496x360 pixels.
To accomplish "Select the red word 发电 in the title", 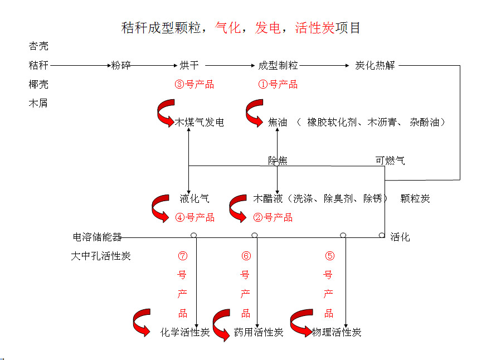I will pyautogui.click(x=268, y=28).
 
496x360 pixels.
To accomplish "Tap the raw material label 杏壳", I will pyautogui.click(x=38, y=46).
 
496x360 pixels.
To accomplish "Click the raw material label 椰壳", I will pyautogui.click(x=38, y=85).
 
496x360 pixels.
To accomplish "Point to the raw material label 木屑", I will pyautogui.click(x=38, y=103).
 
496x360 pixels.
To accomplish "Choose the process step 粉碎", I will pyautogui.click(x=121, y=66).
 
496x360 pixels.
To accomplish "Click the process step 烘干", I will pyautogui.click(x=189, y=66).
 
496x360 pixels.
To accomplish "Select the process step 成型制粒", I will pyautogui.click(x=278, y=66).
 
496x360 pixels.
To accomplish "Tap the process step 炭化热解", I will pyautogui.click(x=375, y=66).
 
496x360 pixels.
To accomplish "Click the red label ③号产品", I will pyautogui.click(x=194, y=85).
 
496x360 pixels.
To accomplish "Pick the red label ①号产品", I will pyautogui.click(x=278, y=85).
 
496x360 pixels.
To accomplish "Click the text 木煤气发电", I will pyautogui.click(x=200, y=123).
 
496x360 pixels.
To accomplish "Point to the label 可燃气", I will pyautogui.click(x=390, y=161).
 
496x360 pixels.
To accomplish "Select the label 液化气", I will pyautogui.click(x=194, y=198).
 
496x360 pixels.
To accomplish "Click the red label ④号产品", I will pyautogui.click(x=194, y=217).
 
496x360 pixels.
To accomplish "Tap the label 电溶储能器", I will pyautogui.click(x=98, y=237).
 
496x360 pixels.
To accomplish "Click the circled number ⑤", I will pyautogui.click(x=329, y=256).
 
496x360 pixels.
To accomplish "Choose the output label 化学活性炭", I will pyautogui.click(x=185, y=333).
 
